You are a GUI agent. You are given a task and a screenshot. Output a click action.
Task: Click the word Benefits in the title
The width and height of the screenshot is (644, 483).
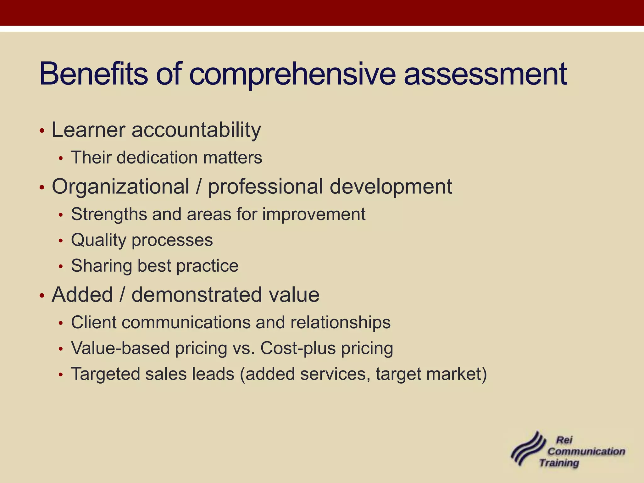(93, 74)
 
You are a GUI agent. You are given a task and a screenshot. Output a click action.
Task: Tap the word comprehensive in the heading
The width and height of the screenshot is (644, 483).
(292, 75)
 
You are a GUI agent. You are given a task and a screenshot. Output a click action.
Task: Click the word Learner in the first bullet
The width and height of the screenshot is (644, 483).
(88, 130)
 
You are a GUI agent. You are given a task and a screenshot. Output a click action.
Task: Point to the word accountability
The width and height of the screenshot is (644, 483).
(196, 130)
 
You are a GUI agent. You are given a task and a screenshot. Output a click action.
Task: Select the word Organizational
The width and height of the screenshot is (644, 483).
(120, 186)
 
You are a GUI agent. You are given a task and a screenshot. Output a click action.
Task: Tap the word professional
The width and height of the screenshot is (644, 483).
(265, 187)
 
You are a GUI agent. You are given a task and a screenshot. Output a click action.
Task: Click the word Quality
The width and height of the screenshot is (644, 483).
(98, 241)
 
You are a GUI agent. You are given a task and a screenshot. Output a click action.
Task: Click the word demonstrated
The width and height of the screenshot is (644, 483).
(197, 295)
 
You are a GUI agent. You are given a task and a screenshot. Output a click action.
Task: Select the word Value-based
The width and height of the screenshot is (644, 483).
(120, 348)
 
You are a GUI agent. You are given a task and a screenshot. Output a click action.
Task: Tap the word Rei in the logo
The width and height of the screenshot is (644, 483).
(564, 440)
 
